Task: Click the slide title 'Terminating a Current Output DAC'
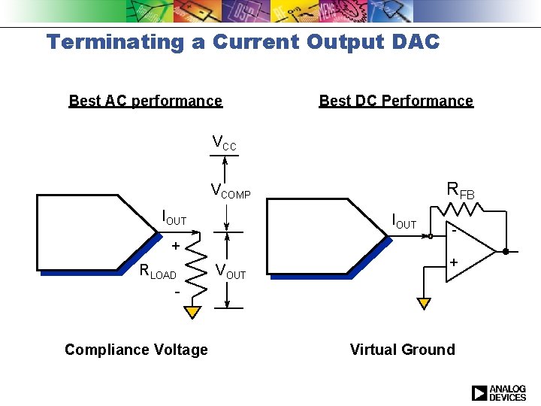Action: point(243,42)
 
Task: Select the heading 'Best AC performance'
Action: point(145,101)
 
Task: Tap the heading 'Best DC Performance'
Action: point(396,101)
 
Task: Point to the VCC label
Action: point(224,143)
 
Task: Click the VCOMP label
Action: point(230,191)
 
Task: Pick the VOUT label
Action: point(230,271)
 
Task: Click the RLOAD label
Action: point(158,272)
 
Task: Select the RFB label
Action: point(461,190)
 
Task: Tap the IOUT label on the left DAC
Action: point(174,219)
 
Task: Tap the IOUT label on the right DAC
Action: point(404,222)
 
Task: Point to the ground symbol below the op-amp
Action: point(424,303)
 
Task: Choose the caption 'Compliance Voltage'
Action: point(136,350)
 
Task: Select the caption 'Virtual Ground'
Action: point(402,350)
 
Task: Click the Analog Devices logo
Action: point(498,392)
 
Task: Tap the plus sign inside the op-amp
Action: point(454,262)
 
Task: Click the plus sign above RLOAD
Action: point(174,247)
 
